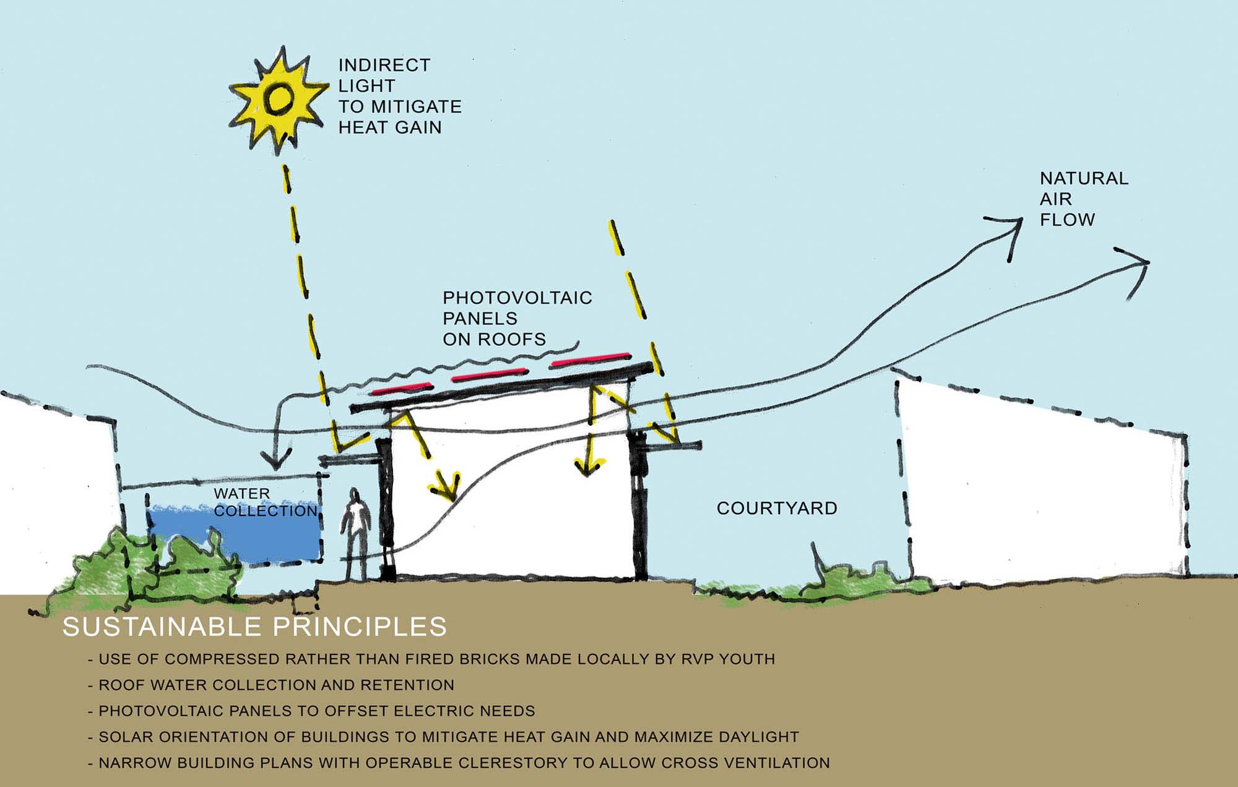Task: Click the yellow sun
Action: point(278,99)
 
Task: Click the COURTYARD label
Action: point(777,509)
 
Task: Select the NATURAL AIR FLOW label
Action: point(1083,199)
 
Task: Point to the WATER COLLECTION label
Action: point(265,502)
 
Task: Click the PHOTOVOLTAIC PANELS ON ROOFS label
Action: point(517,319)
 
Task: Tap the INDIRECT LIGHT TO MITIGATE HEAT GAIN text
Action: point(399,96)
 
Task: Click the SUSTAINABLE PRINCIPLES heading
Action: point(254,627)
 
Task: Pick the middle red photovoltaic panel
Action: point(489,376)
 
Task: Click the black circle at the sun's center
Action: point(278,99)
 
